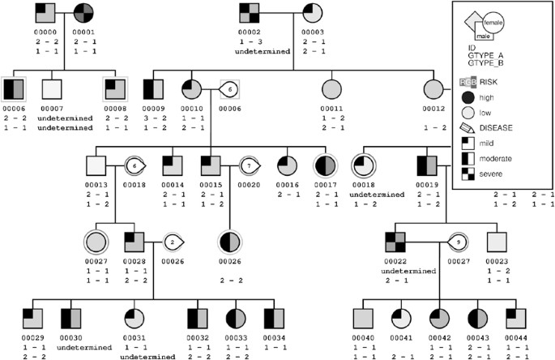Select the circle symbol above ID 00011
click(330, 89)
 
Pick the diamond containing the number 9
click(457, 241)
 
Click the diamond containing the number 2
click(172, 241)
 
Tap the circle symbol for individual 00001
click(84, 13)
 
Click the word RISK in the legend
click(489, 81)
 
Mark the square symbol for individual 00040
click(363, 318)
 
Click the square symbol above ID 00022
click(395, 242)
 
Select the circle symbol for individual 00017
click(325, 165)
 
